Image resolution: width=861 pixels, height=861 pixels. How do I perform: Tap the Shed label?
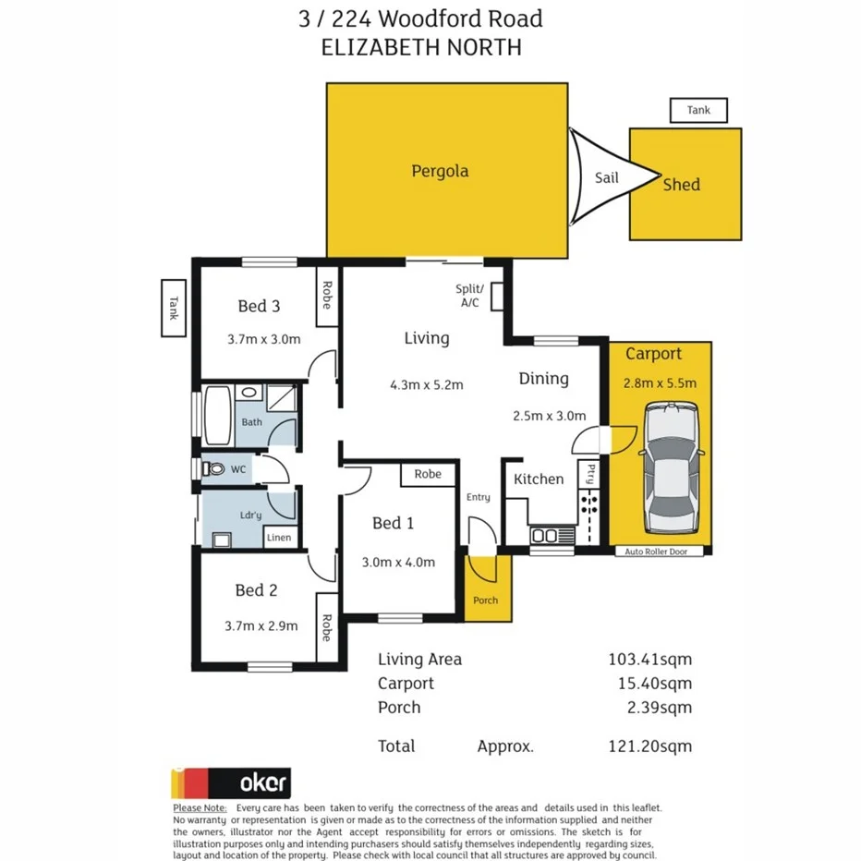(682, 185)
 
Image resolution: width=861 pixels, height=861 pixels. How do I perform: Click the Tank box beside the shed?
(698, 111)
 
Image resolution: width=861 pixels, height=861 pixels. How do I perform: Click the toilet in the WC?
(214, 469)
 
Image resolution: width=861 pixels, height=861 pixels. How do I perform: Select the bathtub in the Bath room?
(219, 409)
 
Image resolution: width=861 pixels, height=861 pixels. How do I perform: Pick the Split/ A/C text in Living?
(469, 296)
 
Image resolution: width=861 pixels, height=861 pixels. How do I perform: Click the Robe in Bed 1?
(428, 474)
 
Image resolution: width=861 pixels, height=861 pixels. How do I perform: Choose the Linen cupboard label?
(279, 538)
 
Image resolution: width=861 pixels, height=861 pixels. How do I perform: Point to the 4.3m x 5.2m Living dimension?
(426, 384)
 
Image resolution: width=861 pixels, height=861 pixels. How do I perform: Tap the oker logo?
(231, 782)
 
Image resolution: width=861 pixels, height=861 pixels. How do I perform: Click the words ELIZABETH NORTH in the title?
(420, 47)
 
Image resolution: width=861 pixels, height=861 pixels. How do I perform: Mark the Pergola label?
(440, 171)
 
